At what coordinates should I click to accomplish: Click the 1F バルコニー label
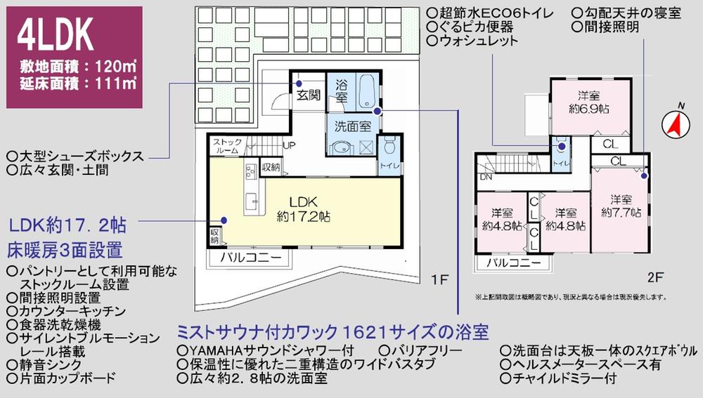(250, 258)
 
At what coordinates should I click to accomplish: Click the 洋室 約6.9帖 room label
(588, 102)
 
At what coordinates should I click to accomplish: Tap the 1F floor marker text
(439, 281)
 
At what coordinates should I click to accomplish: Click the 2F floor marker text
(654, 277)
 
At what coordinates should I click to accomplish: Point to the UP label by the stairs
(288, 145)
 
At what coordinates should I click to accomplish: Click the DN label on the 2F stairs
(486, 178)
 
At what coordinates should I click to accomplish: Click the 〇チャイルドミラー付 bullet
(558, 379)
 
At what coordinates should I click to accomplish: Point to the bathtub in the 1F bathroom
(365, 92)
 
